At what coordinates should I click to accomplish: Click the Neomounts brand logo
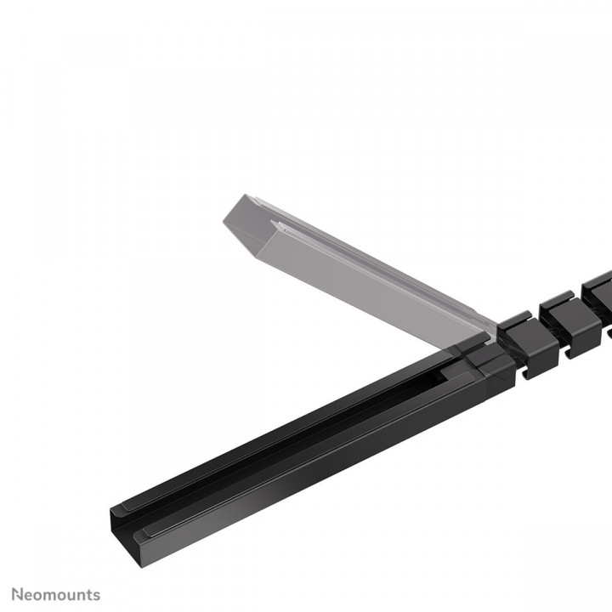[x=56, y=594]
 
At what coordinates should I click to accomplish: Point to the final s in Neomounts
[x=96, y=595]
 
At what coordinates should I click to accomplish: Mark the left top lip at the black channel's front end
[x=121, y=513]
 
